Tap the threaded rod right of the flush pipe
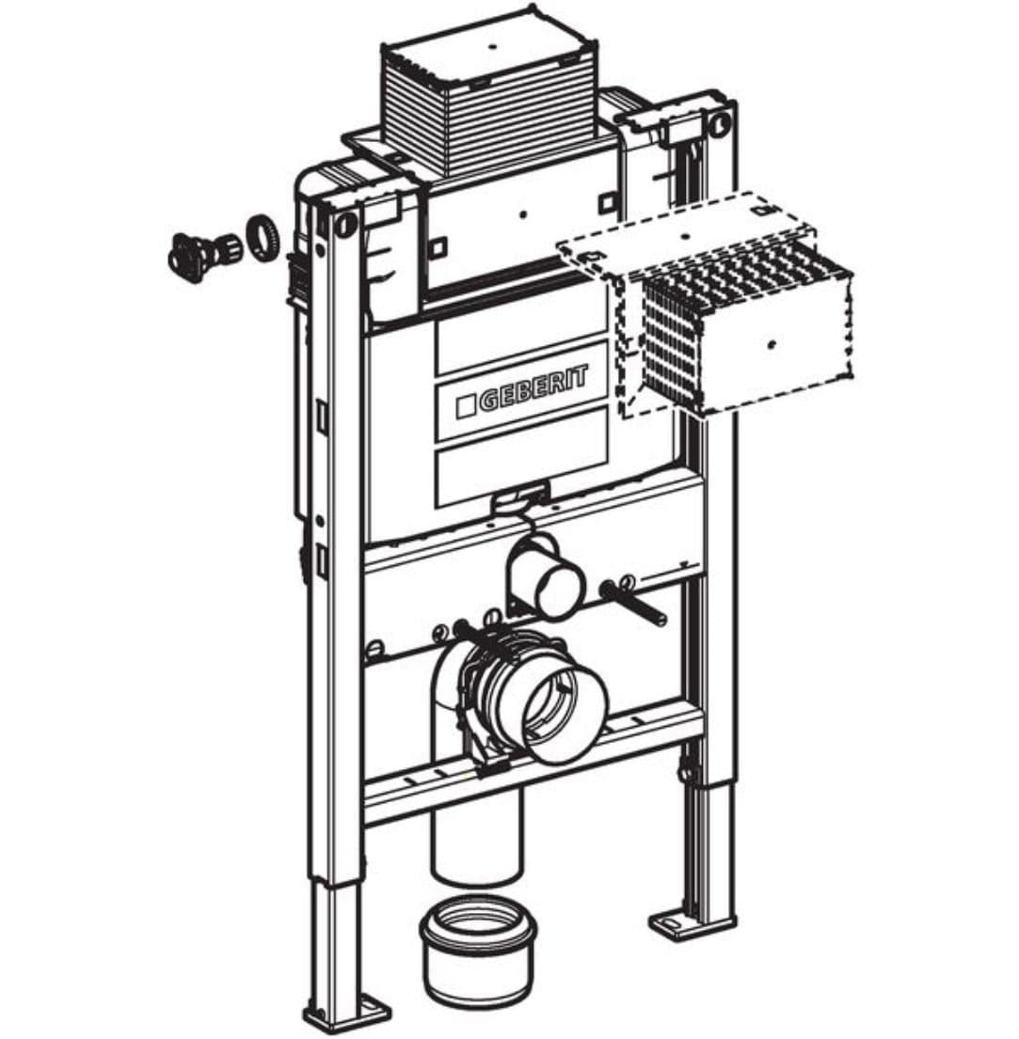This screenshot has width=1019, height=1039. pyautogui.click(x=634, y=603)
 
